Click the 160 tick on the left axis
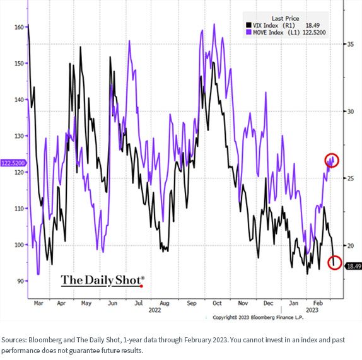click(x=19, y=27)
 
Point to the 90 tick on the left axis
click(x=21, y=281)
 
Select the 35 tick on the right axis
click(x=351, y=44)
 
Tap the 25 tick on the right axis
click(x=351, y=178)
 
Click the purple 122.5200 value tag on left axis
click(x=13, y=163)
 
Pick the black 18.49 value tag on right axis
click(x=353, y=266)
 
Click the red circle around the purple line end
click(x=332, y=160)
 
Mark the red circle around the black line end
click(x=335, y=263)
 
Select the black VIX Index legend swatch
click(x=248, y=25)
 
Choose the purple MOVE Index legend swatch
click(x=248, y=32)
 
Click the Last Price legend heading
click(x=285, y=18)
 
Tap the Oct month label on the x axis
click(x=217, y=303)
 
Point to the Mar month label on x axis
click(x=38, y=303)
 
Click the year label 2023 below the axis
click(x=312, y=310)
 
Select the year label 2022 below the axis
click(x=155, y=310)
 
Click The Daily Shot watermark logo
click(x=103, y=281)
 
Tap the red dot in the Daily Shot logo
click(x=141, y=286)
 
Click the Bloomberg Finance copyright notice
click(x=258, y=318)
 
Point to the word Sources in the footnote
click(x=14, y=340)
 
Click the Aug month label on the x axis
click(x=165, y=303)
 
